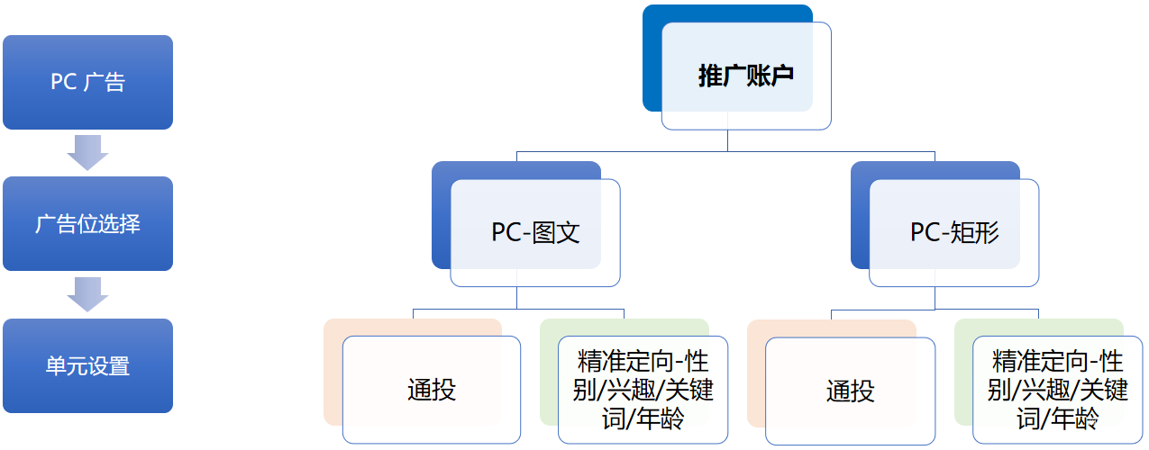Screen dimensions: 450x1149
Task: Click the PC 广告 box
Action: click(87, 82)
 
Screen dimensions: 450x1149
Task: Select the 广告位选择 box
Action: click(87, 223)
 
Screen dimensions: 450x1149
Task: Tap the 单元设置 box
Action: click(87, 365)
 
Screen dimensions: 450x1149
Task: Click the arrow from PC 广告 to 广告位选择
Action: click(87, 152)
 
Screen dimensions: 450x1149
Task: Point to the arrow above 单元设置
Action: click(87, 293)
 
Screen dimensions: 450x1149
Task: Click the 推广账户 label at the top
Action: click(745, 76)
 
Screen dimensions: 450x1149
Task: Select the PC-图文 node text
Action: click(535, 232)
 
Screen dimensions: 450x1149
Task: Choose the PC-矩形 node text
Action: click(954, 232)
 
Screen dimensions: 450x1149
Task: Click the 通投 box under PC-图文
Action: click(432, 390)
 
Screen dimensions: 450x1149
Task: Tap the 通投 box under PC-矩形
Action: click(850, 390)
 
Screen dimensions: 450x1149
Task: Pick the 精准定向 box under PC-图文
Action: click(643, 390)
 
